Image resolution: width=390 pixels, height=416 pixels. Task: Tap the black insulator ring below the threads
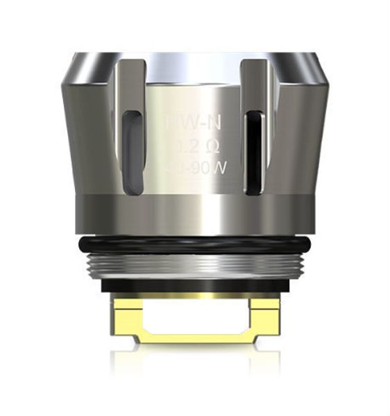(195, 285)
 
